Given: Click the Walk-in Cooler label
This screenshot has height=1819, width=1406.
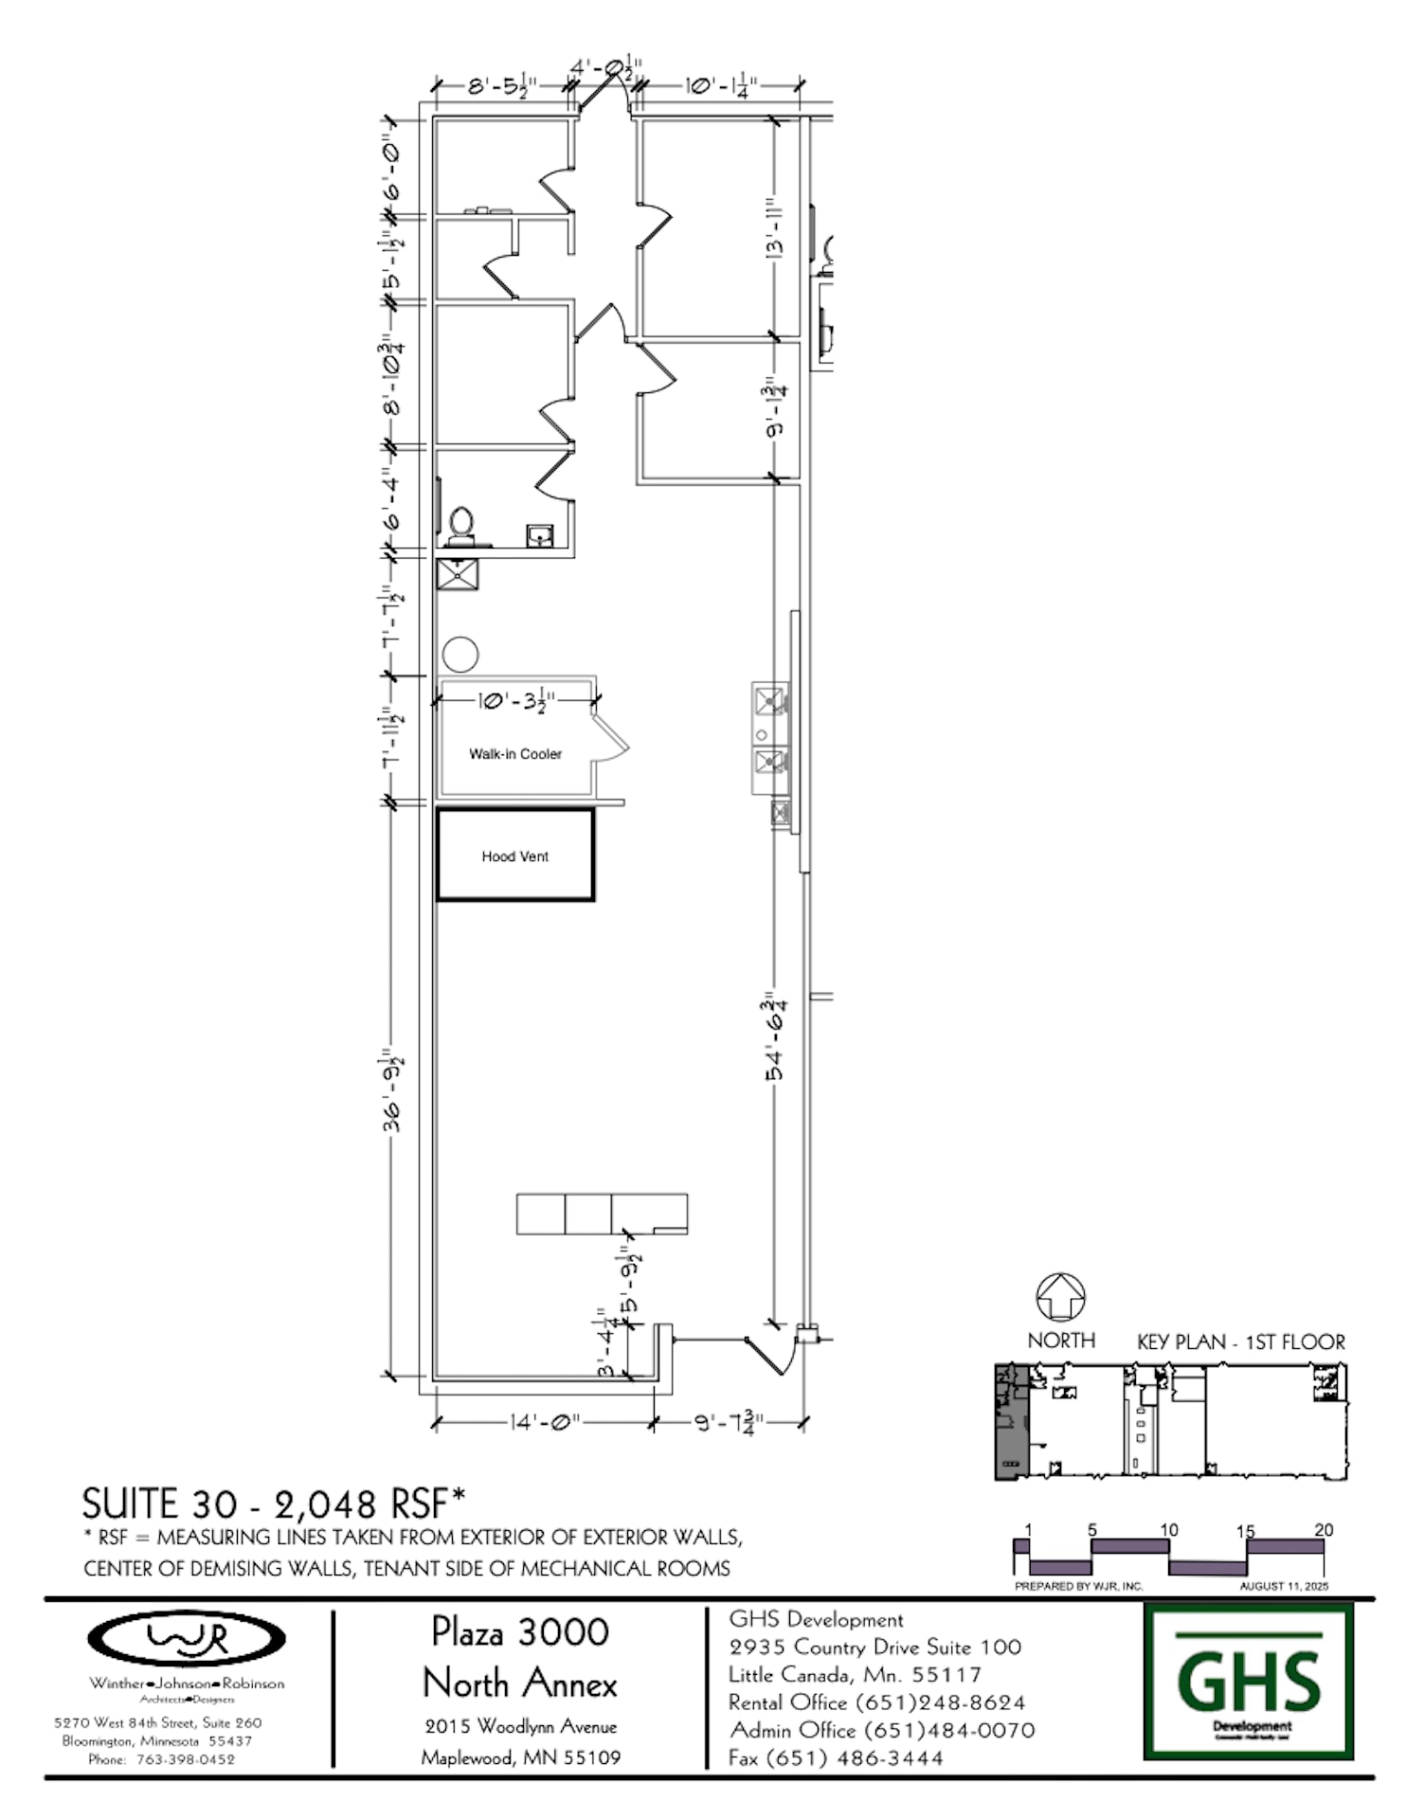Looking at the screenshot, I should click(x=515, y=754).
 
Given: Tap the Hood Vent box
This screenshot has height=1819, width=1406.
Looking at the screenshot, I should click(x=515, y=855).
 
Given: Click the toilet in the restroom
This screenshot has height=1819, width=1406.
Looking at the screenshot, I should click(x=461, y=527).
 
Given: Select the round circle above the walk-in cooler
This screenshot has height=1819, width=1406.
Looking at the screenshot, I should click(x=460, y=654).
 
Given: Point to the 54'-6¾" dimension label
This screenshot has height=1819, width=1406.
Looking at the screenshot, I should click(x=775, y=1037).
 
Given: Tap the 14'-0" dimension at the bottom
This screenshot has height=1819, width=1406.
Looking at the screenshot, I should click(x=544, y=1422).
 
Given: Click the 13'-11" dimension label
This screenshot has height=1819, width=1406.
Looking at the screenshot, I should click(x=775, y=228).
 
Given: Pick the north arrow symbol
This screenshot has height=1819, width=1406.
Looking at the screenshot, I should click(x=1060, y=1297).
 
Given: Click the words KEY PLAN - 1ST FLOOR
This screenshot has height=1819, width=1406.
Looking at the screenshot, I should click(x=1240, y=1342).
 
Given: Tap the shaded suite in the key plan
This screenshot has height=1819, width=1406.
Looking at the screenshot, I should click(x=1011, y=1421).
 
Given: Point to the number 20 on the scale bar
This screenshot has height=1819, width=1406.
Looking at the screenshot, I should click(x=1324, y=1530).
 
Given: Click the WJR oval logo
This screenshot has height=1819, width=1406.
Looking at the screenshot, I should click(x=187, y=1638).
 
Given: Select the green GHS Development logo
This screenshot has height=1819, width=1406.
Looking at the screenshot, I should click(x=1249, y=1681).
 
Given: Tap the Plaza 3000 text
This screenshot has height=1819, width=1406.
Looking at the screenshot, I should click(x=520, y=1631).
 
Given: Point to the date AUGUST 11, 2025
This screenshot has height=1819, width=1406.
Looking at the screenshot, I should click(x=1284, y=1586).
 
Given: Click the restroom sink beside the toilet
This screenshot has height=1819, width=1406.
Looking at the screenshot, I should click(x=540, y=536).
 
